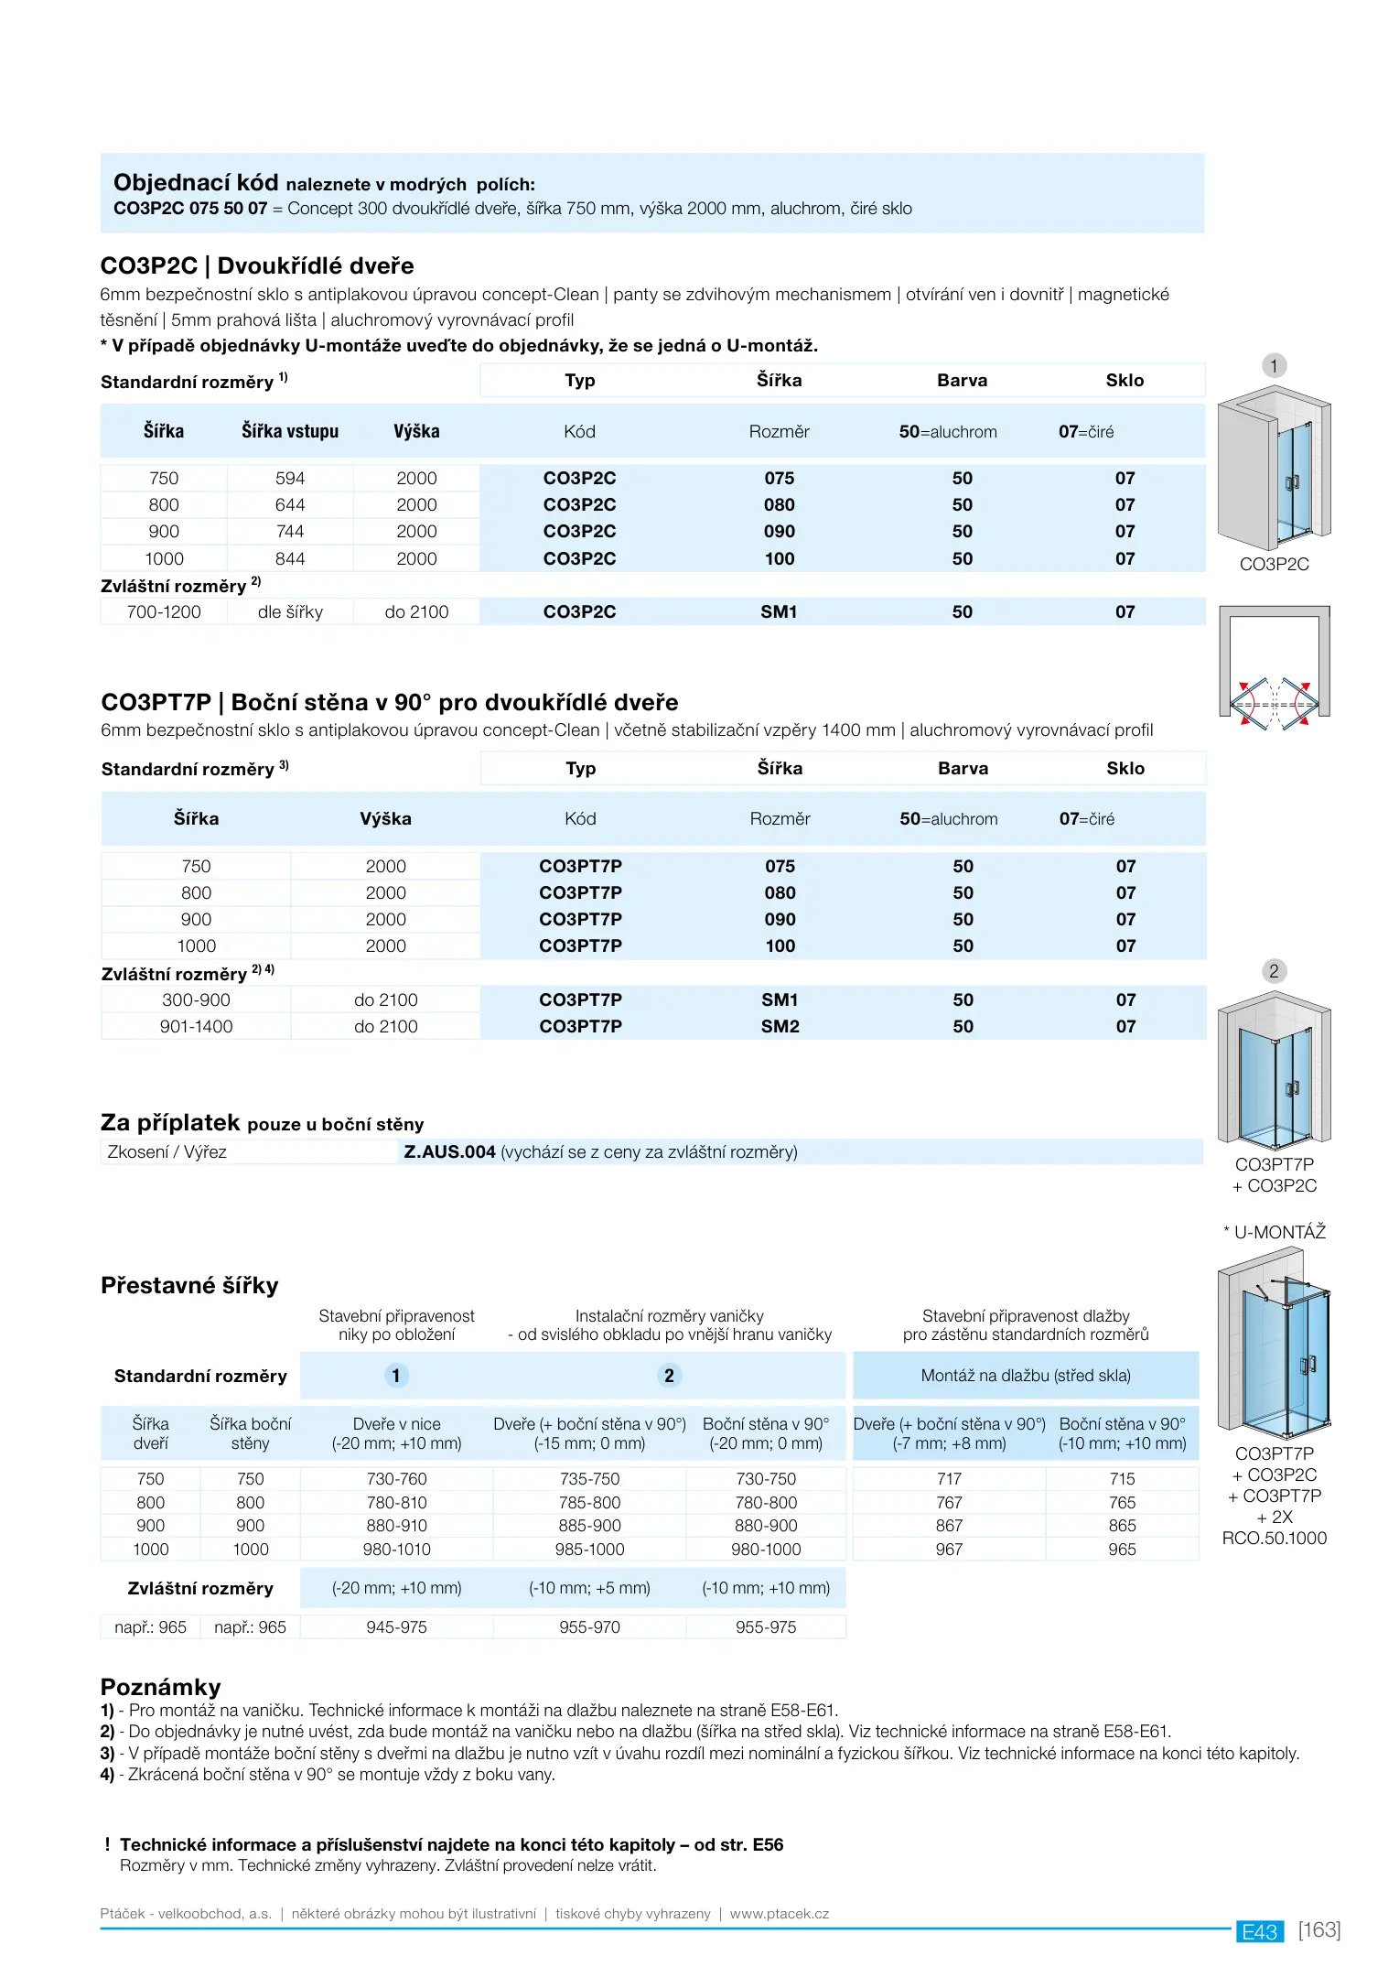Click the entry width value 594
coord(290,478)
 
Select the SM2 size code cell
coord(780,1026)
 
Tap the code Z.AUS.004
coord(449,1151)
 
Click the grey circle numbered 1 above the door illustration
coord(1274,366)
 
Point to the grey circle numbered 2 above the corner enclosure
coord(1274,971)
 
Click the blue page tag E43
coord(1260,1932)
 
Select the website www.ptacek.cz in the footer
coord(779,1914)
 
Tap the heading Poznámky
coord(161,1687)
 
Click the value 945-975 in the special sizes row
coord(396,1626)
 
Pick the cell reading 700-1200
coord(164,611)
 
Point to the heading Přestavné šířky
coord(189,1285)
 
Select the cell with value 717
coord(949,1478)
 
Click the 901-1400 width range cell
coord(196,1026)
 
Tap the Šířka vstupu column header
coord(290,431)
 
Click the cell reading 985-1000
coord(589,1549)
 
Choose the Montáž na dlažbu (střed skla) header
coord(1026,1375)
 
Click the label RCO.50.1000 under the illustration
coord(1274,1538)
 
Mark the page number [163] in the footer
coord(1319,1930)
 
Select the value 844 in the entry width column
coord(290,558)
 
